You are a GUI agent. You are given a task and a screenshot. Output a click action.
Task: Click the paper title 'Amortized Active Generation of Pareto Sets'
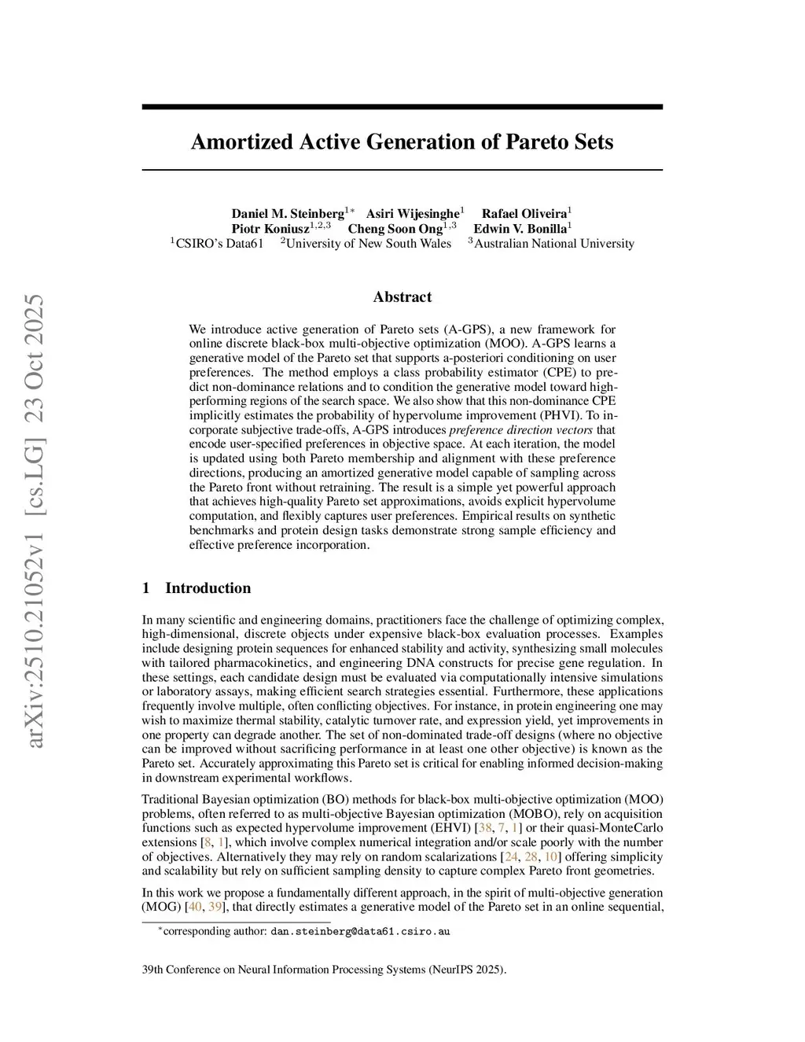[x=402, y=142]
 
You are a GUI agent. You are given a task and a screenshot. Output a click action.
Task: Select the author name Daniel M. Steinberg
[x=288, y=214]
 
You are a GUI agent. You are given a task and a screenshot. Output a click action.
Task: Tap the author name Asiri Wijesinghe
[x=412, y=214]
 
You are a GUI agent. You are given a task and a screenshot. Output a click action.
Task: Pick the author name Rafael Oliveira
[x=524, y=214]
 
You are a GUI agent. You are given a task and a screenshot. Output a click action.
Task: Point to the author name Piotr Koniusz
[x=270, y=229]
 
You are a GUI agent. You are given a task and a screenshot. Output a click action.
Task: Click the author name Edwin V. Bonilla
[x=520, y=229]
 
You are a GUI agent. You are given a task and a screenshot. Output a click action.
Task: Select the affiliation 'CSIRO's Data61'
[x=219, y=244]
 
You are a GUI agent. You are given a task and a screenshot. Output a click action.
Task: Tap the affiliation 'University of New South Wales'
[x=368, y=244]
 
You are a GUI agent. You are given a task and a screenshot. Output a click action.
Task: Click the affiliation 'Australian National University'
[x=554, y=244]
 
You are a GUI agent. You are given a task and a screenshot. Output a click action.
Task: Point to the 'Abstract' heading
[x=402, y=297]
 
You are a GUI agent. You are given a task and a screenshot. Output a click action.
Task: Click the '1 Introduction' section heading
[x=197, y=588]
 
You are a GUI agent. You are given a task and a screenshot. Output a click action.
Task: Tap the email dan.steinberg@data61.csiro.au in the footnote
[x=360, y=932]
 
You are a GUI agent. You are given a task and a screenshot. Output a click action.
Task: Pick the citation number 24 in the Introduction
[x=512, y=856]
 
